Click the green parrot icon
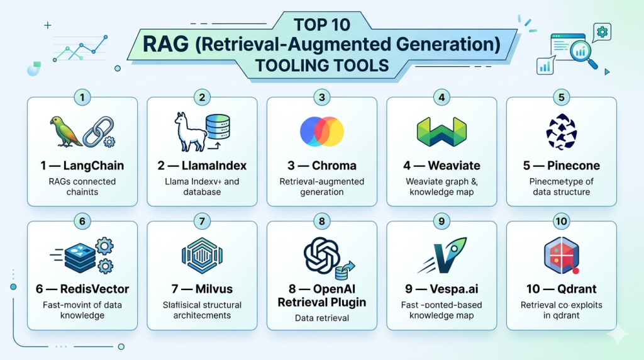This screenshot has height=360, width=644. pyautogui.click(x=65, y=132)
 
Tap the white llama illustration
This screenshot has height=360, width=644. pyautogui.click(x=189, y=132)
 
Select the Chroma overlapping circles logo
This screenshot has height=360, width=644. pyautogui.click(x=322, y=132)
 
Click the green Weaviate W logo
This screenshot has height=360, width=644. pyautogui.click(x=441, y=132)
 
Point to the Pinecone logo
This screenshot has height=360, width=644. pyautogui.click(x=562, y=132)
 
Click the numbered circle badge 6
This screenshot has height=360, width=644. pyautogui.click(x=82, y=222)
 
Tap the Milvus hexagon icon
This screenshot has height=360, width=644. pyautogui.click(x=202, y=256)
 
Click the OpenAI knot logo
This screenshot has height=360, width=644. pyautogui.click(x=321, y=255)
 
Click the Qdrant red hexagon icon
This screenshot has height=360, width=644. pyautogui.click(x=562, y=256)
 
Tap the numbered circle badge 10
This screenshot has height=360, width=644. pyautogui.click(x=562, y=222)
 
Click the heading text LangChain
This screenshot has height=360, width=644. pyautogui.click(x=94, y=166)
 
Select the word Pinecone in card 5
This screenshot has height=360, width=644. pyautogui.click(x=574, y=166)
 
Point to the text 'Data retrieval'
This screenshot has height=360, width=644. pyautogui.click(x=322, y=318)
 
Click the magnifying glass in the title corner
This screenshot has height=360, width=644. pyautogui.click(x=583, y=55)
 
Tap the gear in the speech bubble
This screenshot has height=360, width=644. pyautogui.click(x=602, y=32)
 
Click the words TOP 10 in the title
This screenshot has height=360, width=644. pyautogui.click(x=322, y=25)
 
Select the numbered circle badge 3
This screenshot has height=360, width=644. pyautogui.click(x=322, y=98)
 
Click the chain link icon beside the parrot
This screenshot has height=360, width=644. pyautogui.click(x=99, y=132)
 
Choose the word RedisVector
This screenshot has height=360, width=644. pyautogui.click(x=94, y=289)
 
